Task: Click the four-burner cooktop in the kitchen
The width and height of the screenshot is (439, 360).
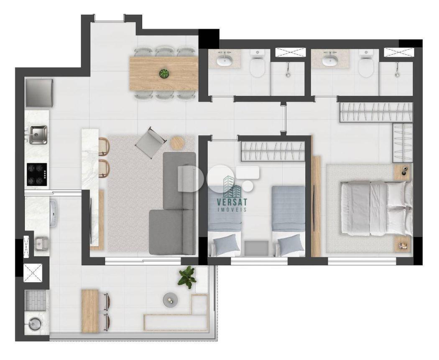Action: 37,175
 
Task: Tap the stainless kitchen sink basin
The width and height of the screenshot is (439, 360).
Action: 38,134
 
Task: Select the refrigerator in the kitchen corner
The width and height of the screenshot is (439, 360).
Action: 39,93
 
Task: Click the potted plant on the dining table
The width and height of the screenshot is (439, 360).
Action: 164,73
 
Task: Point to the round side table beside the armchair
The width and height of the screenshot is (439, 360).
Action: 177,143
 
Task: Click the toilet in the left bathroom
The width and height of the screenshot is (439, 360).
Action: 257,65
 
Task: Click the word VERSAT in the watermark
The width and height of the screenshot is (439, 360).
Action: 232,202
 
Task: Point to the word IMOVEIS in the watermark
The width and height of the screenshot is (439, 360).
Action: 232,210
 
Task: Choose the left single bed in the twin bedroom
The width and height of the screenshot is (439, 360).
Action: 225,221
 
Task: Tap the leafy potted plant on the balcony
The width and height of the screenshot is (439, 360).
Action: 186,276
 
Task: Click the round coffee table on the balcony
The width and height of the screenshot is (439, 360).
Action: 171,300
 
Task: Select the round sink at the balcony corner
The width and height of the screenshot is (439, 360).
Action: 35,324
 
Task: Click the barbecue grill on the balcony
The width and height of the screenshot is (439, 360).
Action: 35,300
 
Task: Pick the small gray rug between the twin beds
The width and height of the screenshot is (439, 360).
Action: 256,248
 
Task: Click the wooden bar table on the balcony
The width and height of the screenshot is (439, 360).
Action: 90,311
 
